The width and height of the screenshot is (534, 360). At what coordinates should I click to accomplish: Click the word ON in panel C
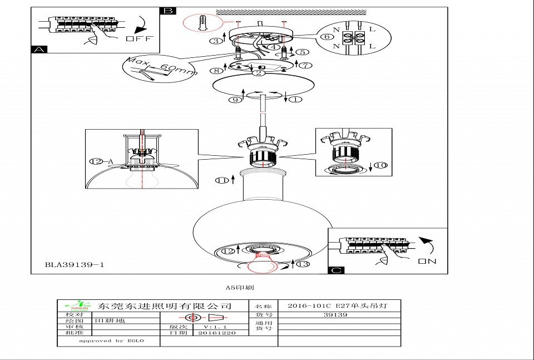[x=427, y=260]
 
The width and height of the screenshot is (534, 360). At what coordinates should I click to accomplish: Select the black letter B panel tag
[x=167, y=11]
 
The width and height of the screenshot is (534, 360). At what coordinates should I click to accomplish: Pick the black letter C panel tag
[x=337, y=270]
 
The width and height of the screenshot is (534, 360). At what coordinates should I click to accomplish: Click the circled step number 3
[x=215, y=41]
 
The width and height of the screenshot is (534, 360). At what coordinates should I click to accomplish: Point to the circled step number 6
[x=328, y=37]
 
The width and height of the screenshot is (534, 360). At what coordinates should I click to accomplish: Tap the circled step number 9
[x=236, y=100]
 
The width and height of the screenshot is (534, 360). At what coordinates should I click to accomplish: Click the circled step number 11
[x=222, y=180]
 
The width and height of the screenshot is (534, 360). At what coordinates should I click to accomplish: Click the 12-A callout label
[x=101, y=161]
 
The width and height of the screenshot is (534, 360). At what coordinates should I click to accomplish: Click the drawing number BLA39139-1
[x=75, y=265]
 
